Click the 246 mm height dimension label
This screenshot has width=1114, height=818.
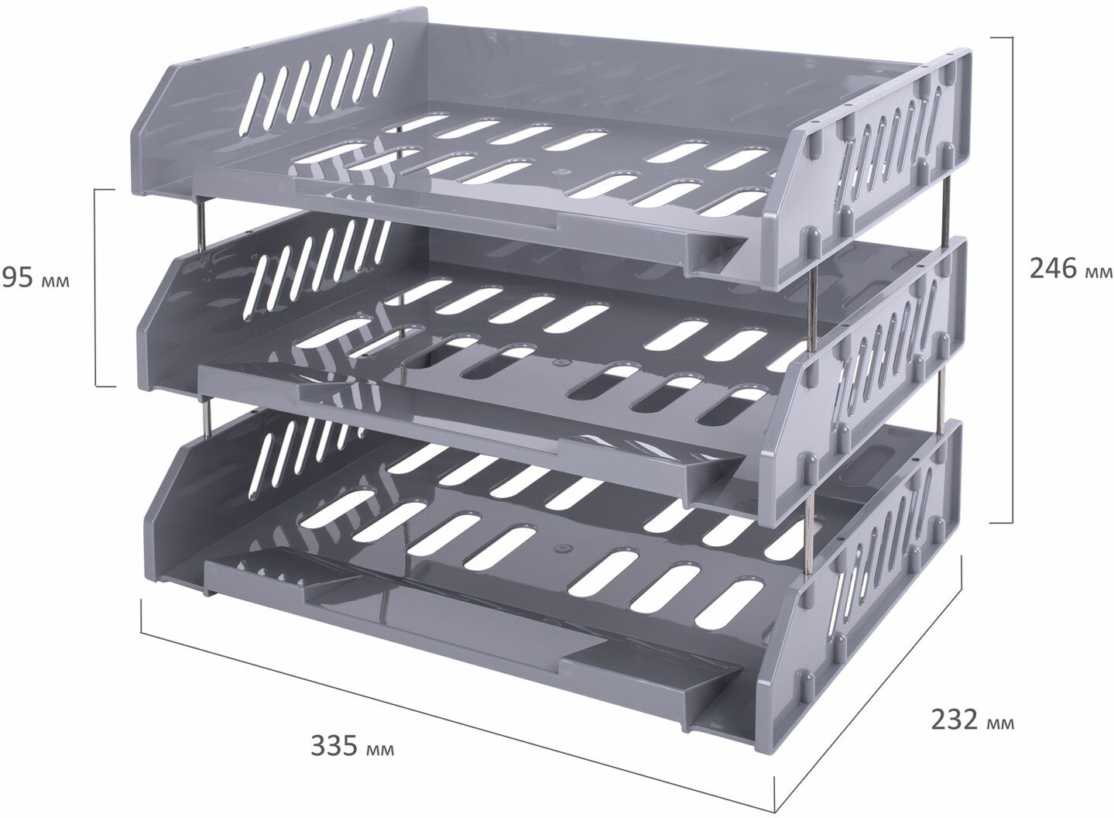1070,270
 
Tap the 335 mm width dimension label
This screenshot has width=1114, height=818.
352,746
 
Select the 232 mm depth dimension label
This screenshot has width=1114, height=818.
972,720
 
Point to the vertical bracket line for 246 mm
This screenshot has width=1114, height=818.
1012,280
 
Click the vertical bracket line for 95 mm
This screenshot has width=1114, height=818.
97,287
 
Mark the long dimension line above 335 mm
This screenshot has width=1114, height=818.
458,707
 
